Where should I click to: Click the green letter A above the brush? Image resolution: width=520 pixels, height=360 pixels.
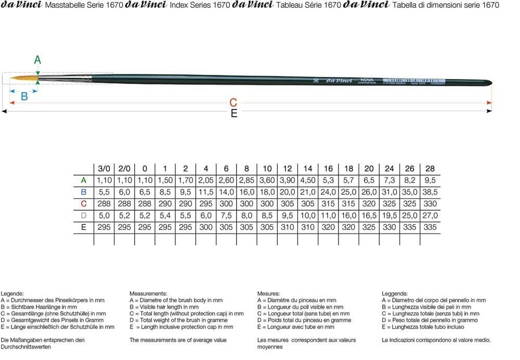tap(37, 60)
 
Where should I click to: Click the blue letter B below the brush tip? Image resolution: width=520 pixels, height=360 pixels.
tap(24, 96)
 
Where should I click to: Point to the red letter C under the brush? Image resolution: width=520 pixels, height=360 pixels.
tap(233, 102)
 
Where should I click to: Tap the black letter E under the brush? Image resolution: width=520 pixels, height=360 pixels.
tap(233, 113)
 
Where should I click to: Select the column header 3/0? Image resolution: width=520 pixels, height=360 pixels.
tap(104, 169)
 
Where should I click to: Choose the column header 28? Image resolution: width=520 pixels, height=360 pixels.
tap(430, 169)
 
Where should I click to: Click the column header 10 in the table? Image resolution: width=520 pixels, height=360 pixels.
tap(267, 169)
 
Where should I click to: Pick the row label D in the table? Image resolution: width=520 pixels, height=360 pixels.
tap(84, 215)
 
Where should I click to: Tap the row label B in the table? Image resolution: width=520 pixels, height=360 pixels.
tap(84, 192)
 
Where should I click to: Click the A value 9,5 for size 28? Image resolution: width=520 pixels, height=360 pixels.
tap(430, 181)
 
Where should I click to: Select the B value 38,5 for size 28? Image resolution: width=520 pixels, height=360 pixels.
tap(430, 192)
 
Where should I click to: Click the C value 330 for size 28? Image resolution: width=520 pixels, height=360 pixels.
tap(430, 204)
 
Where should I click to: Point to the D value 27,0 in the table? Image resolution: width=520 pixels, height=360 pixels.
tap(430, 215)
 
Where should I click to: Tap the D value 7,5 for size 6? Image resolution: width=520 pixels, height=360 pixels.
tap(226, 215)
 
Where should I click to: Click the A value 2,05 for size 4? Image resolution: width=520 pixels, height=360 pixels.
tap(206, 181)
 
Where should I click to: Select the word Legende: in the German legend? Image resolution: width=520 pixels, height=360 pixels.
tap(12, 294)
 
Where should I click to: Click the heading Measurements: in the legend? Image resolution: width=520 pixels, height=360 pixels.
tap(148, 294)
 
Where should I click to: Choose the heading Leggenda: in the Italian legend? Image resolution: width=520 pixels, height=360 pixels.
tap(395, 294)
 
